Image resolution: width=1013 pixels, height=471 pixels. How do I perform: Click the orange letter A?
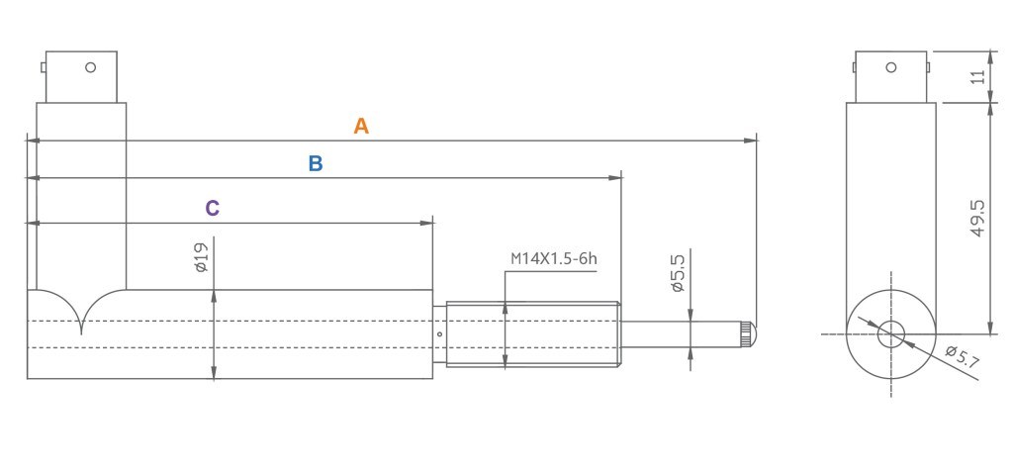(361, 127)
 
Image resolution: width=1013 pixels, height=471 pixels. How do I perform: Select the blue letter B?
(316, 164)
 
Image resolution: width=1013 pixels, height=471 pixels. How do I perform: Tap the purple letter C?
(212, 209)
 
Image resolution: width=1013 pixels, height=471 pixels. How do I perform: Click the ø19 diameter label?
(200, 259)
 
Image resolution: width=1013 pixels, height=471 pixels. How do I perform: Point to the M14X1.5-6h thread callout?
(554, 259)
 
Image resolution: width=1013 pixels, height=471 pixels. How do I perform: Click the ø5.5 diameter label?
(678, 272)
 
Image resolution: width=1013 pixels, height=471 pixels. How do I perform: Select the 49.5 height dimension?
(978, 220)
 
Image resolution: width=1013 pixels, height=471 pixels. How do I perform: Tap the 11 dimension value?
(978, 77)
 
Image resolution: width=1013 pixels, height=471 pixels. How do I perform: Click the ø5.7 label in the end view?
(961, 357)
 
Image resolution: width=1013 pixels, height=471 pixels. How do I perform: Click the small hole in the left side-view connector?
(90, 67)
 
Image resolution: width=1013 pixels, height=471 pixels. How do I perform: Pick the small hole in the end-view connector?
(890, 68)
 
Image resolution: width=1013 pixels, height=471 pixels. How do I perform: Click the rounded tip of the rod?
(750, 334)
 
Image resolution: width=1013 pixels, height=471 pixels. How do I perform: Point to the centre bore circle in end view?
(890, 333)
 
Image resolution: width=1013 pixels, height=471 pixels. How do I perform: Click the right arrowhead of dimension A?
(752, 141)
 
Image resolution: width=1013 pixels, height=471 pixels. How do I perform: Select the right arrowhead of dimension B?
(617, 178)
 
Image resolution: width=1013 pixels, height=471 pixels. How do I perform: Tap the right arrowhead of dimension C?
(430, 223)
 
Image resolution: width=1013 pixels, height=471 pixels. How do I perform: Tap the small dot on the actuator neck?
(438, 334)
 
